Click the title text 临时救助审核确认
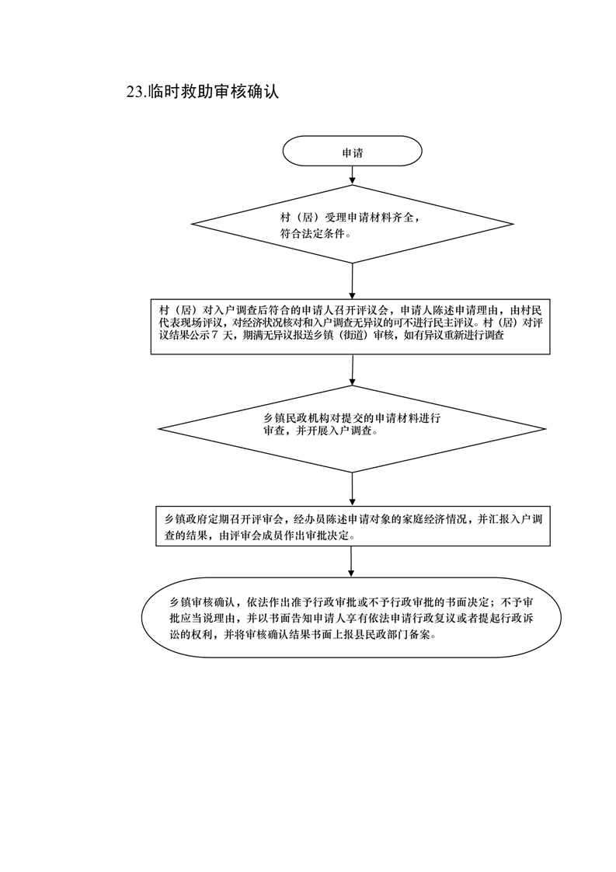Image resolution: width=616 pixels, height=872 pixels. (x=214, y=92)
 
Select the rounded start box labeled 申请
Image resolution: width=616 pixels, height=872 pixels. (x=352, y=152)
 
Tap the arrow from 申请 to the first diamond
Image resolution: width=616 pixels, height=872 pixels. (x=352, y=175)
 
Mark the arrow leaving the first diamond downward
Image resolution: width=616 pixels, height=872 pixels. (x=353, y=281)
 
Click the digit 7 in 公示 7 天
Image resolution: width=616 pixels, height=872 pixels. (x=215, y=336)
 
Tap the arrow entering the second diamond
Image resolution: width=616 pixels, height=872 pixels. (x=353, y=370)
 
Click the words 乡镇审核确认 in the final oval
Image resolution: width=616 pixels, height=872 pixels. (x=200, y=603)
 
